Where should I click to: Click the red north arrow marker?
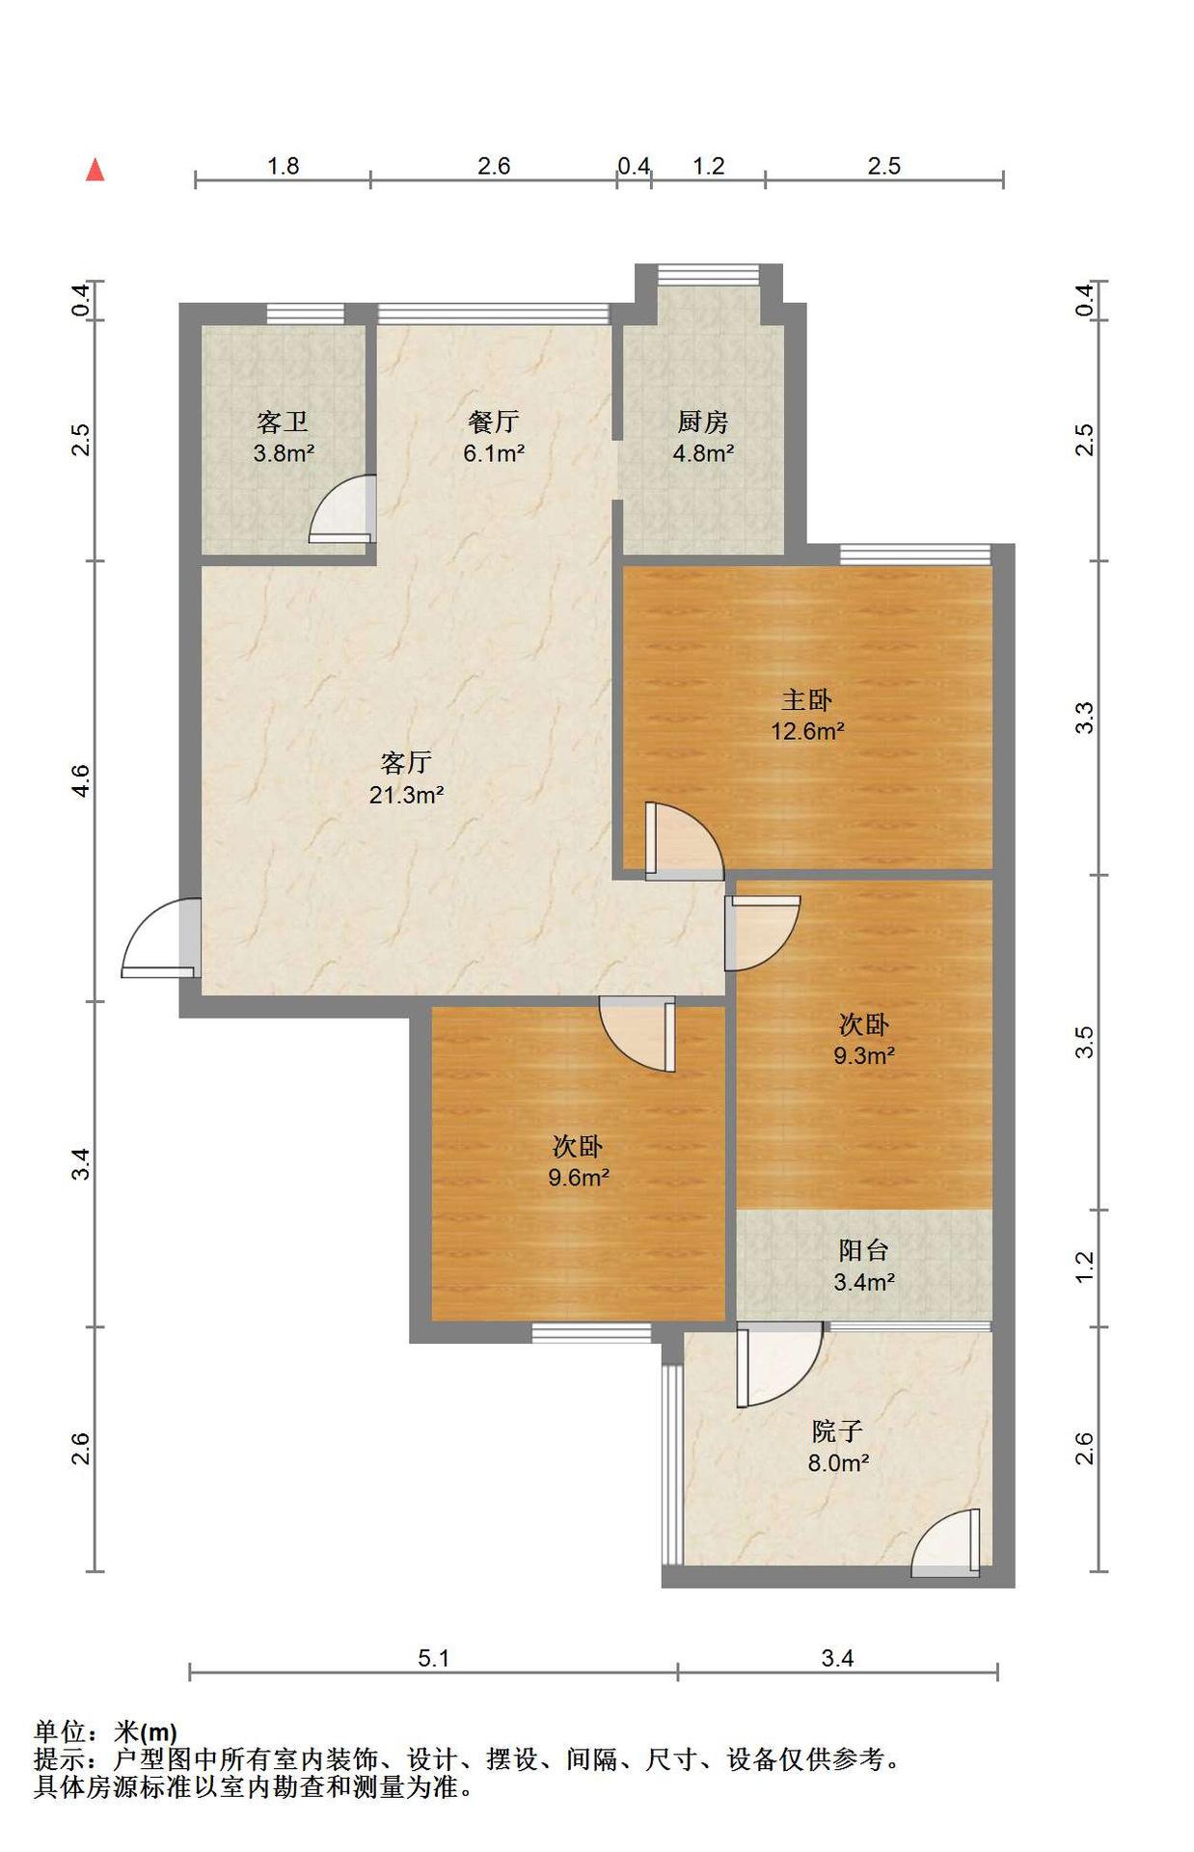click(x=95, y=170)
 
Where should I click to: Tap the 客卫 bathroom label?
click(x=283, y=422)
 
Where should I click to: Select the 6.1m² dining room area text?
click(x=493, y=452)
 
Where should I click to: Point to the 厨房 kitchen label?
click(x=702, y=422)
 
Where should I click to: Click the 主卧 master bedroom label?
click(x=806, y=699)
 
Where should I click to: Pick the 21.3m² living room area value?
click(x=406, y=795)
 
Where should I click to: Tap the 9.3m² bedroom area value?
click(x=863, y=1055)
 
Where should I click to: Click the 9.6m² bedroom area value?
click(x=578, y=1177)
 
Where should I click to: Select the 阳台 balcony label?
click(x=863, y=1251)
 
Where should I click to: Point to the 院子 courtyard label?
click(x=837, y=1431)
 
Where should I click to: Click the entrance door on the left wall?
click(x=162, y=938)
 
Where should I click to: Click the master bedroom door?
click(x=684, y=841)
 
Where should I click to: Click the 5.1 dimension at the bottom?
click(x=434, y=1658)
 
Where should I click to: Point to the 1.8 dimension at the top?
click(x=283, y=166)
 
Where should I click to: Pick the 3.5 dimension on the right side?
click(x=1084, y=1042)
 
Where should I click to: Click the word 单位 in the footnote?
click(x=60, y=1732)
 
